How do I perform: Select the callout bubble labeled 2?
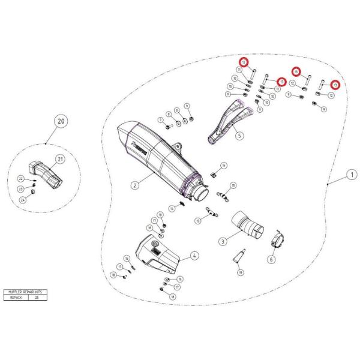pyautogui.click(x=135, y=185)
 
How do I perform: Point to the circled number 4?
pyautogui.click(x=194, y=256)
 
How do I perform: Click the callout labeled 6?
pyautogui.click(x=271, y=259)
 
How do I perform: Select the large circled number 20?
pyautogui.click(x=60, y=121)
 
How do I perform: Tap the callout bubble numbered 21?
pyautogui.click(x=60, y=159)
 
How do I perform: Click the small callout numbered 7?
pyautogui.click(x=161, y=119)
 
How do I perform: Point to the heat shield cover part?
pyautogui.click(x=157, y=253)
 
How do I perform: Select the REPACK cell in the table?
pyautogui.click(x=17, y=296)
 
